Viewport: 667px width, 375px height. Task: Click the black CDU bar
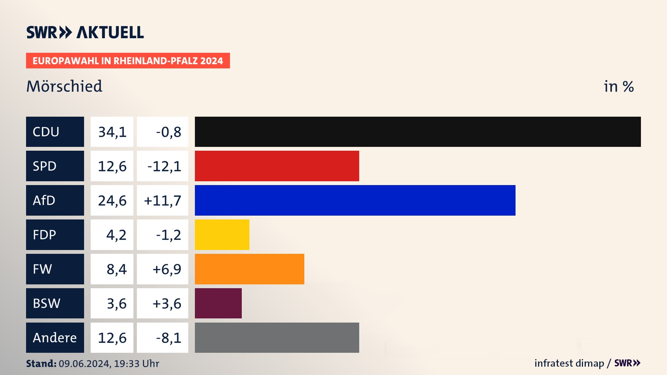point(418,132)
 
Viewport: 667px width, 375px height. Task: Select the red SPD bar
point(277,166)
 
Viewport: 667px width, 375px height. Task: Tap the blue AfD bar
point(355,200)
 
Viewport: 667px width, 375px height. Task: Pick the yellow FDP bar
point(222,235)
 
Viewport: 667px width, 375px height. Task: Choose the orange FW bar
point(249,269)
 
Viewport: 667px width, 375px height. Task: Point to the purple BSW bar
point(218,303)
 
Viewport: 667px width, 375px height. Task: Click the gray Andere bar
point(277,337)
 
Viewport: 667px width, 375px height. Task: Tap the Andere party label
point(55,337)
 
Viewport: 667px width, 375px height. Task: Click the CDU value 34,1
point(112,132)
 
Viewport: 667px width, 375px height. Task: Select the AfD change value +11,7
point(163,201)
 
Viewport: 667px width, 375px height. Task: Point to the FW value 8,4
point(116,269)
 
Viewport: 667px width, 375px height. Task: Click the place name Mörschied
point(64,86)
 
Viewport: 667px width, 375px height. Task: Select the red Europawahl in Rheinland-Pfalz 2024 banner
point(128,61)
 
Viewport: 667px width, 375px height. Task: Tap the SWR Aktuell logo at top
point(85,32)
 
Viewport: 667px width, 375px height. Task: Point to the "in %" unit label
point(618,86)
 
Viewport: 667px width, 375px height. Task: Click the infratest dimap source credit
point(569,363)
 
